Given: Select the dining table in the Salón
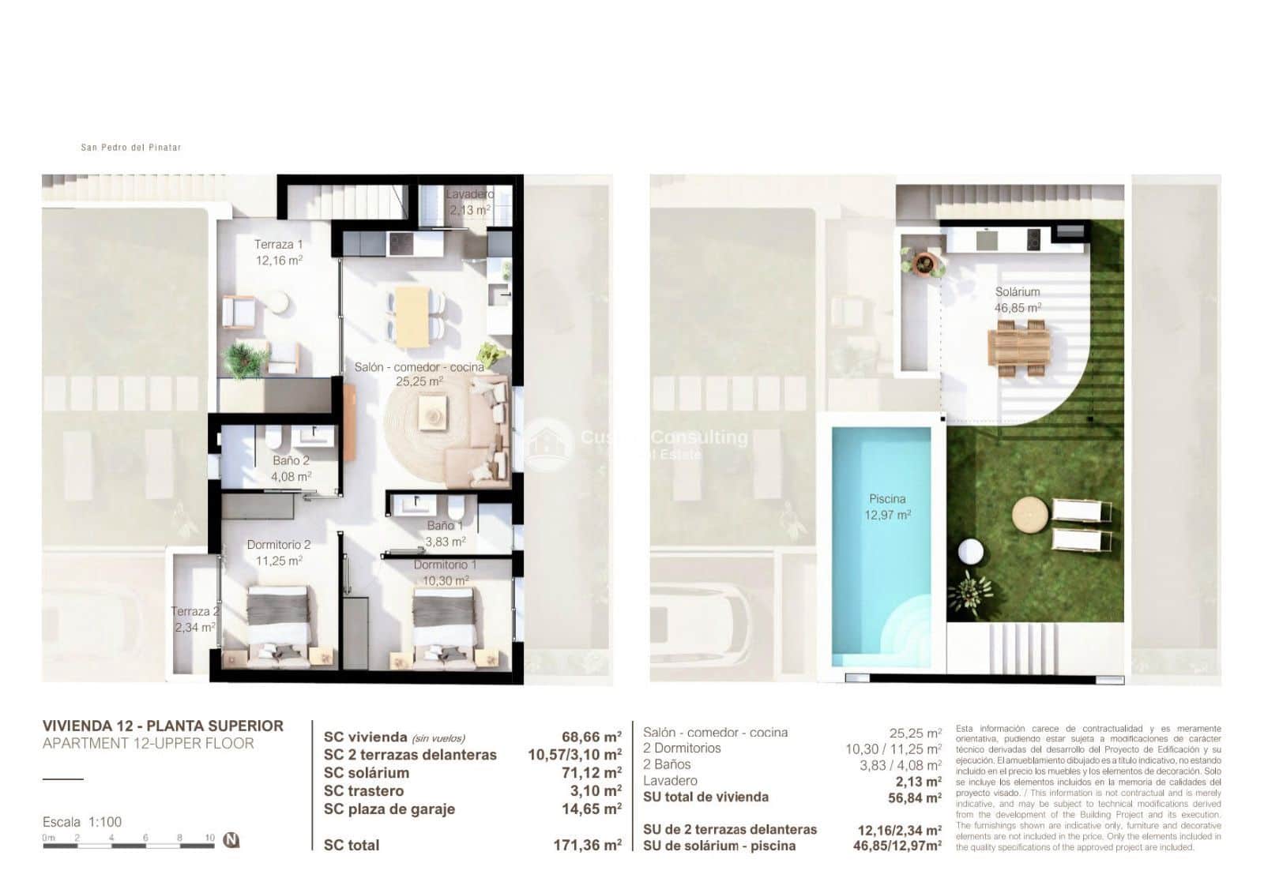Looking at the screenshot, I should (x=412, y=316).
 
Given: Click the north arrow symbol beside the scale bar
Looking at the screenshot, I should (x=231, y=839).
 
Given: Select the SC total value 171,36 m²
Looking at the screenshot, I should (x=587, y=845).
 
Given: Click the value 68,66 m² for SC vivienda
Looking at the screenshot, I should (x=591, y=737).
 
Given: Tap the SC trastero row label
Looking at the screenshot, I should (x=363, y=790).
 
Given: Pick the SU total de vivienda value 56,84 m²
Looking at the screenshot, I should (x=915, y=797).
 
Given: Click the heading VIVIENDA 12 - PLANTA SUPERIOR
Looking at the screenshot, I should (x=163, y=726).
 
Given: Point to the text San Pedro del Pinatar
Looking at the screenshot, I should (x=131, y=147).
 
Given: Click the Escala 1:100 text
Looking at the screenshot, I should (x=82, y=822).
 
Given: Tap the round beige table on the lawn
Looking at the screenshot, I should (x=1030, y=516).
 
